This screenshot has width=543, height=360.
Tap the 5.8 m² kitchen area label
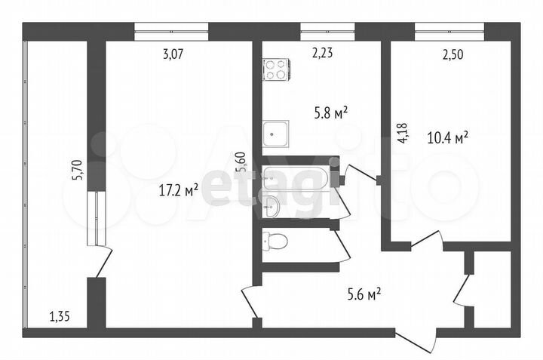coord(330,113)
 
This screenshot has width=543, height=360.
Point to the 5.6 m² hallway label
coord(362,293)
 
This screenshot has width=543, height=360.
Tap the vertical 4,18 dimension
coord(403,134)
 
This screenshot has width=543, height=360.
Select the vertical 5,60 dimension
coord(241,163)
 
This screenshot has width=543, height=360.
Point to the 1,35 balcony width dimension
coord(60,316)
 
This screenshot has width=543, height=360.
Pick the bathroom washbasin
coord(272,205)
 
